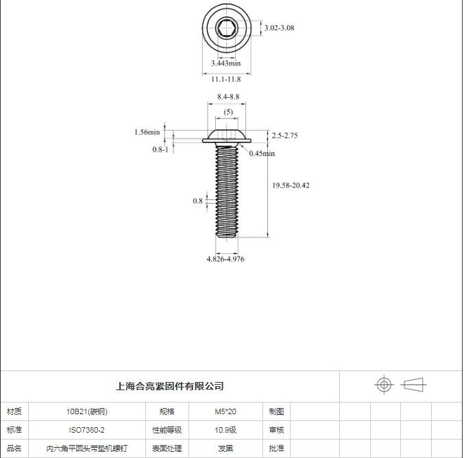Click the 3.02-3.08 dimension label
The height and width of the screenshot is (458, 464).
(x=279, y=28)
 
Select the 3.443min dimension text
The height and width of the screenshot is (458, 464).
(x=225, y=63)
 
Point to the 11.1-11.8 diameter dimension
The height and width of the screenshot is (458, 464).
(x=225, y=79)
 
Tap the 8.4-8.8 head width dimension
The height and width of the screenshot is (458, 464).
(x=228, y=97)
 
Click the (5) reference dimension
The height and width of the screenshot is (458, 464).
(x=228, y=112)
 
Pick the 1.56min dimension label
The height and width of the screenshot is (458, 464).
(x=147, y=132)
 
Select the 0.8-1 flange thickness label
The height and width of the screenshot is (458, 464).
(x=160, y=149)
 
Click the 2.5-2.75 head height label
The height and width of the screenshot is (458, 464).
(x=284, y=136)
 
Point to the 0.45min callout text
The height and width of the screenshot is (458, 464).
(x=262, y=153)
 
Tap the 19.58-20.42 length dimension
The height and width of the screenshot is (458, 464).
(x=291, y=186)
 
